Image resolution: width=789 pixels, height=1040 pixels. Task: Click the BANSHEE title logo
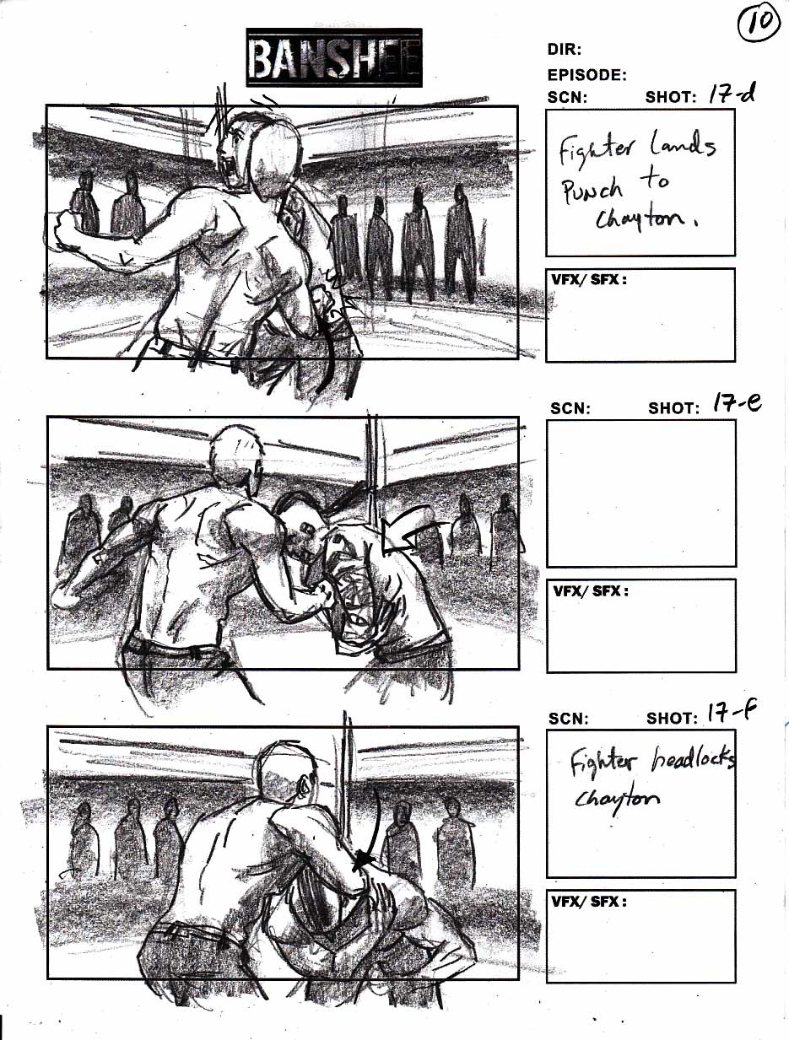tap(333, 58)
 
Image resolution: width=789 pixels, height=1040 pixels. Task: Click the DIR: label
tap(565, 49)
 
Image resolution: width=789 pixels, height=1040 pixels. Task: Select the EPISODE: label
tap(587, 74)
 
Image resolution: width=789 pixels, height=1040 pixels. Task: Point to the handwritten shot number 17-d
tap(731, 94)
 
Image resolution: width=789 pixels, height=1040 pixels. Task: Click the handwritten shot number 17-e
tap(737, 404)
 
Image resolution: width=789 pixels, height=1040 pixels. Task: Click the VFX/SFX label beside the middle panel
tap(591, 591)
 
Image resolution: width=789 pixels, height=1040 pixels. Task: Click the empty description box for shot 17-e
tap(641, 493)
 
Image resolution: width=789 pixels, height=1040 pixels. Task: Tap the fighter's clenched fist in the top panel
tap(68, 231)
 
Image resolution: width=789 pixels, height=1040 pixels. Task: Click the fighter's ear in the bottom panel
tap(303, 787)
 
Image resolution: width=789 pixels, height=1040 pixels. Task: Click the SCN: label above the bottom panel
tap(568, 719)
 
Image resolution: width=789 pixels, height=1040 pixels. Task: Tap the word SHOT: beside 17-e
tap(673, 407)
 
